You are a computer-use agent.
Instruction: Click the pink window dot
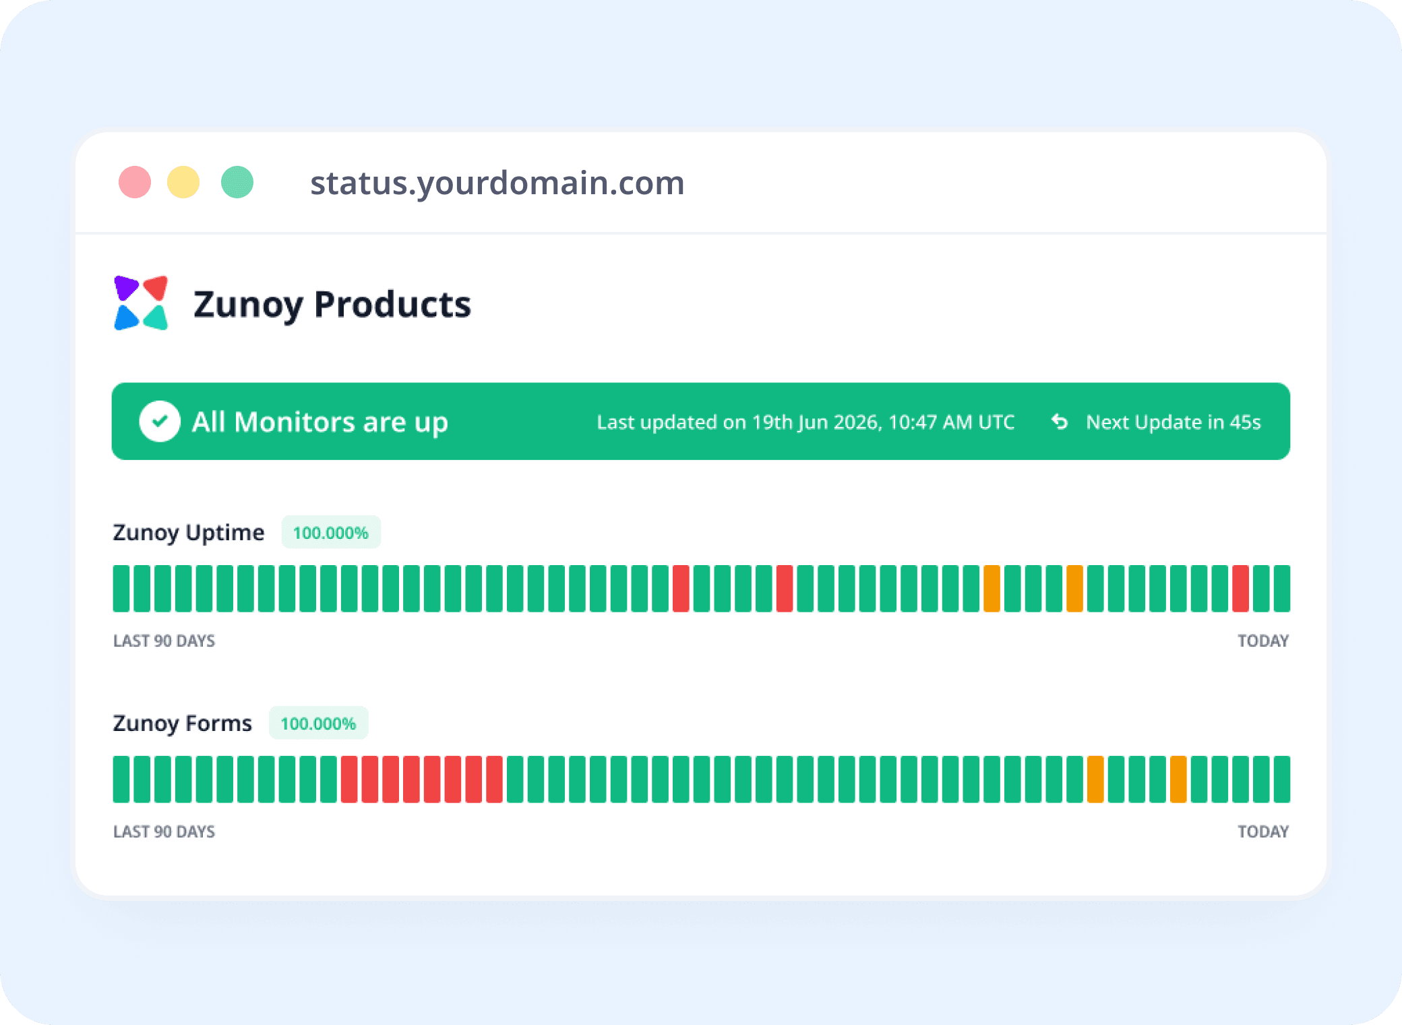(x=135, y=182)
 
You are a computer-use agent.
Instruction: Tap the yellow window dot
(x=183, y=182)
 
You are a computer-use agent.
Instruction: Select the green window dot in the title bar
(x=237, y=182)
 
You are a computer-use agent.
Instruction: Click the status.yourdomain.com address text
(x=497, y=183)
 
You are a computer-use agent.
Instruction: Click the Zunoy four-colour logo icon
(x=141, y=303)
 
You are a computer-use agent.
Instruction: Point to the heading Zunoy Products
(x=332, y=305)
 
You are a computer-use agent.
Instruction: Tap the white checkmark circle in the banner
(x=160, y=421)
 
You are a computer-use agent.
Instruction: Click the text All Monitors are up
(x=320, y=423)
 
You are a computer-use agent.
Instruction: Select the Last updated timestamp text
(x=805, y=422)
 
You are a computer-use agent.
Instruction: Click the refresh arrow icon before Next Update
(x=1060, y=421)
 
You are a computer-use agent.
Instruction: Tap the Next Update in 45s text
(x=1174, y=422)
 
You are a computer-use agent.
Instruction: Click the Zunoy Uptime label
(x=189, y=533)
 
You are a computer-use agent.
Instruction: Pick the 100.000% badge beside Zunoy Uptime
(x=331, y=533)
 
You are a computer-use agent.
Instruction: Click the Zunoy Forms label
(x=183, y=724)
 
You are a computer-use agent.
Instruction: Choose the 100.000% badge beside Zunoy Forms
(x=319, y=724)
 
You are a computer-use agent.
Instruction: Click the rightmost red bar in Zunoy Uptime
(x=1241, y=589)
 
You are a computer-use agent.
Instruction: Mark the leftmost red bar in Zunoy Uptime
(x=681, y=589)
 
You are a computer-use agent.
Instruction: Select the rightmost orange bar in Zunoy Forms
(x=1178, y=780)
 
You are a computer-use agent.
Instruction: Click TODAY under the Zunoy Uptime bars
(x=1263, y=641)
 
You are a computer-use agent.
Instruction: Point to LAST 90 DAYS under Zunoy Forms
(x=164, y=831)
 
